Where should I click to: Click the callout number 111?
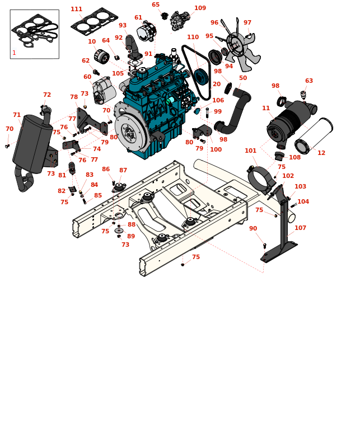[x=76, y=10]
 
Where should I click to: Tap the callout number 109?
[x=200, y=8]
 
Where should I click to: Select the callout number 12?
[x=321, y=153]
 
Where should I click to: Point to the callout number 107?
[x=300, y=228]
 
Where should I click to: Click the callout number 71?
[x=17, y=115]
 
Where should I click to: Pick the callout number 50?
[x=242, y=78]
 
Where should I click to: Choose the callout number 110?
[x=193, y=37]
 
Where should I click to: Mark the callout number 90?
[x=253, y=228]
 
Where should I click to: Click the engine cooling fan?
[x=241, y=48]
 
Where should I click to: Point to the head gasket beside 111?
[x=94, y=21]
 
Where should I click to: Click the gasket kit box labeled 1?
[x=34, y=34]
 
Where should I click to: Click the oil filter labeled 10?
[x=102, y=57]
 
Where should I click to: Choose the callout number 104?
[x=303, y=202]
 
